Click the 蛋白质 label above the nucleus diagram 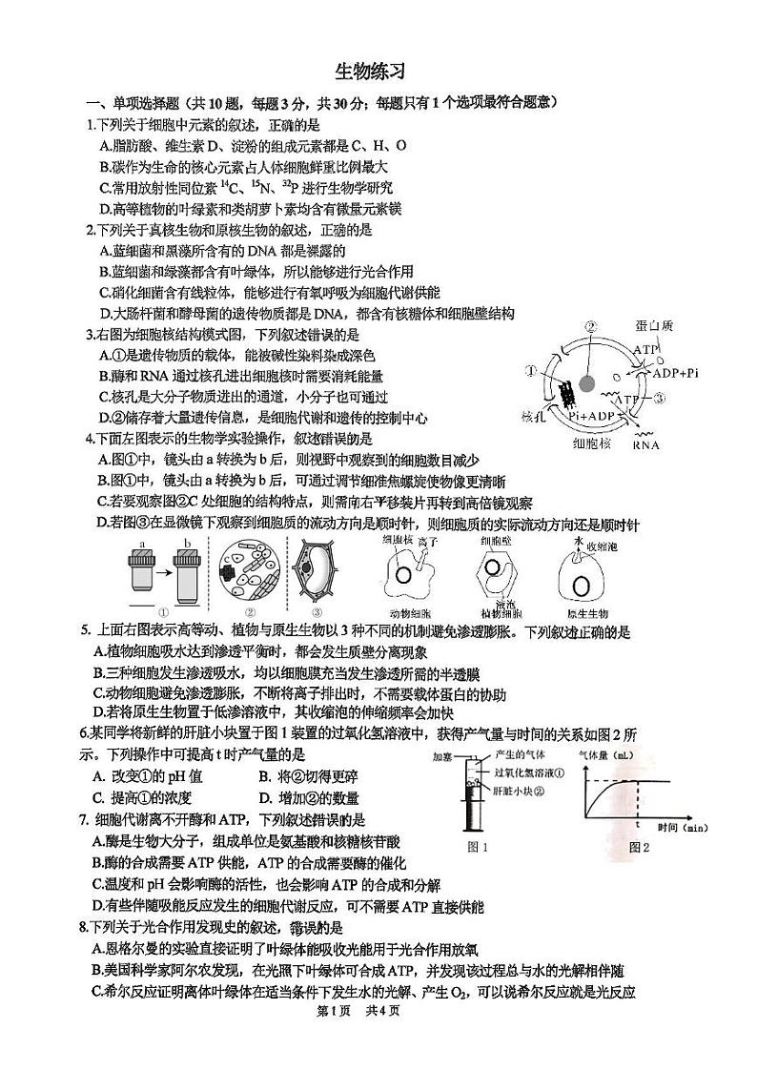pos(655,327)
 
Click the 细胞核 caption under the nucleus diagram pos(591,443)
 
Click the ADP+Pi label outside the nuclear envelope pos(675,373)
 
